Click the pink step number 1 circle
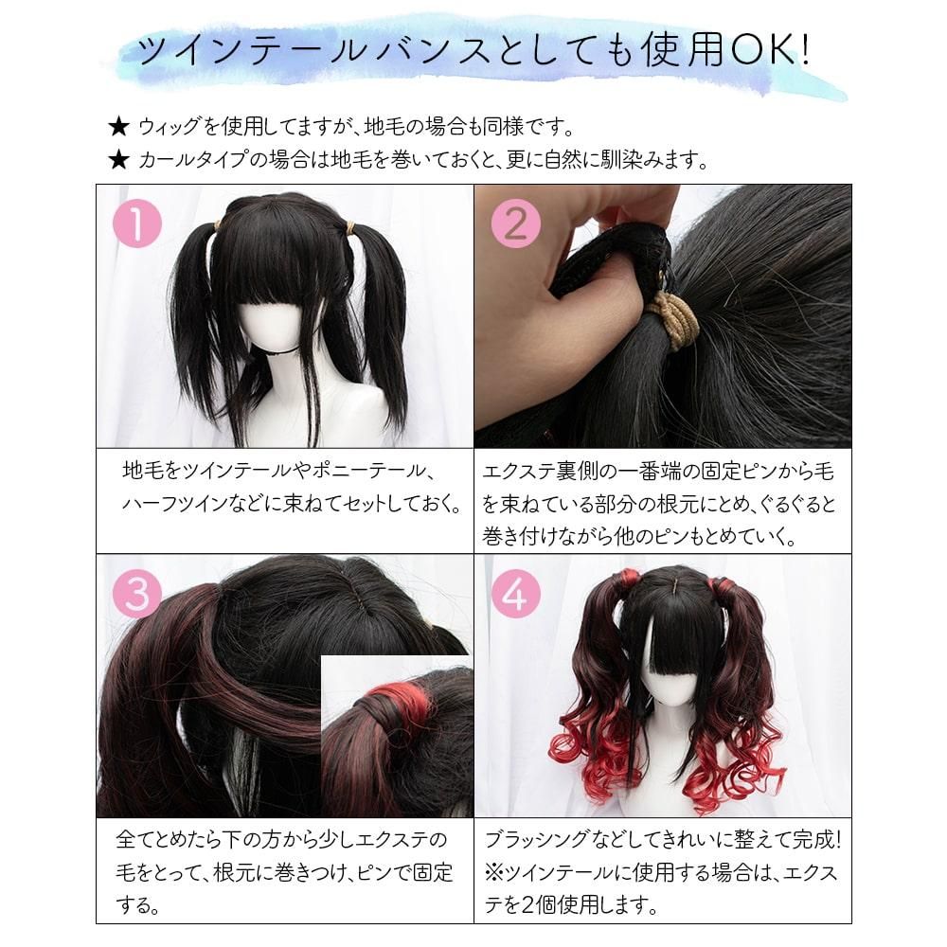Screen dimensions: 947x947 click(137, 223)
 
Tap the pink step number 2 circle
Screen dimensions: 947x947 click(516, 223)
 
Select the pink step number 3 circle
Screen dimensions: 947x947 click(137, 593)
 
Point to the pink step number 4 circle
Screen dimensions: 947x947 click(516, 593)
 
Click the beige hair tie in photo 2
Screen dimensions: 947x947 click(670, 314)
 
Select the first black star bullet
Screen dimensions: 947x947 click(118, 128)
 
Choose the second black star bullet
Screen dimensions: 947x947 click(118, 160)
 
